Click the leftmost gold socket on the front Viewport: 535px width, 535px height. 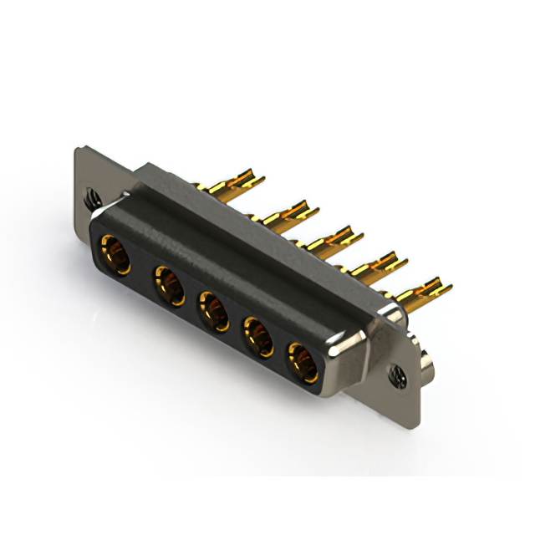(115, 255)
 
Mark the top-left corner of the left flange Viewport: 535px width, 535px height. (78, 150)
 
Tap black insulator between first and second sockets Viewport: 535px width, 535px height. (143, 272)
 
